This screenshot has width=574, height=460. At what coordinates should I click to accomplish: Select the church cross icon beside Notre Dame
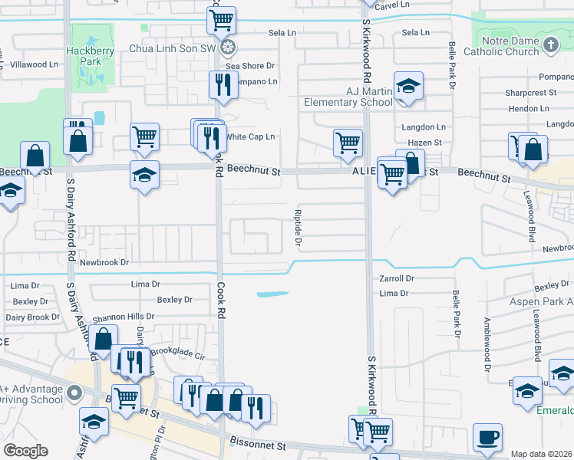550,45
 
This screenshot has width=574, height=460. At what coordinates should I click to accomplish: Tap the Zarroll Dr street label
396,279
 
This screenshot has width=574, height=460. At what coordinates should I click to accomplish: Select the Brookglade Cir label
178,356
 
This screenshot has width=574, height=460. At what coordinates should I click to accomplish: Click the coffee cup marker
487,438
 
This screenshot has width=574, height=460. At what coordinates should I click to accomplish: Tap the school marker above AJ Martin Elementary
409,87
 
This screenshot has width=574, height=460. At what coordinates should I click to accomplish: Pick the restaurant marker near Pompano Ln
223,85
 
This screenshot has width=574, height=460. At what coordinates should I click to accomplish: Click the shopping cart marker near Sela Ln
222,21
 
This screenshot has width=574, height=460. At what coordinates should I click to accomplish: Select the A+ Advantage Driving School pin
74,393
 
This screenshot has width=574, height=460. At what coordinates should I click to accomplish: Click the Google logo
25,451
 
